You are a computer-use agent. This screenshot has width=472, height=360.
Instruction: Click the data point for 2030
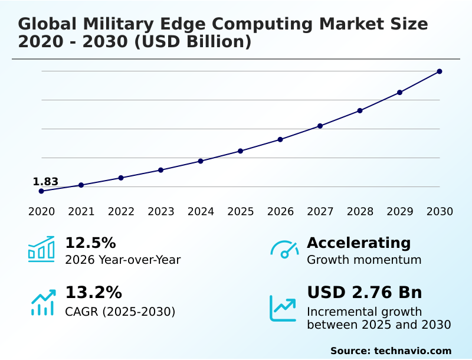click(x=440, y=71)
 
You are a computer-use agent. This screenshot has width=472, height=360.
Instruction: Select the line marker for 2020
click(x=41, y=191)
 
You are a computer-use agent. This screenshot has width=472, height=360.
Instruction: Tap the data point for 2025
click(x=241, y=151)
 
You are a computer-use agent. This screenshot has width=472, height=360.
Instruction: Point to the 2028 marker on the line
click(x=360, y=110)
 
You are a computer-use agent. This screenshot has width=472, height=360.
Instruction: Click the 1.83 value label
click(x=45, y=182)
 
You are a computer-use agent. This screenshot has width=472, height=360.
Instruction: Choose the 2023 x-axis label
click(x=161, y=212)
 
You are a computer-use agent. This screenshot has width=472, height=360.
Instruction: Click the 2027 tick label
click(x=320, y=212)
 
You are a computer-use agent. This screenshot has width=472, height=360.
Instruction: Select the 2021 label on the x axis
click(x=81, y=212)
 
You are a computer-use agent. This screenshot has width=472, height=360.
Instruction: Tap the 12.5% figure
click(x=90, y=243)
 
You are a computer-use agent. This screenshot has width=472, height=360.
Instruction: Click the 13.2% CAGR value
click(x=93, y=293)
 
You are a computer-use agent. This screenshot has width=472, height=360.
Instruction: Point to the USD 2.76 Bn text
click(x=365, y=293)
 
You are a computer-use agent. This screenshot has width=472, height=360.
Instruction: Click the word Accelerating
click(x=359, y=243)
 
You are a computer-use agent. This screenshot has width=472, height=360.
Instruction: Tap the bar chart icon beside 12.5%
click(x=41, y=249)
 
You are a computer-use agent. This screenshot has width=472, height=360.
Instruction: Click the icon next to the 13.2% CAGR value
click(x=42, y=302)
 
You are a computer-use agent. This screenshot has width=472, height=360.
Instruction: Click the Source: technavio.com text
click(x=391, y=351)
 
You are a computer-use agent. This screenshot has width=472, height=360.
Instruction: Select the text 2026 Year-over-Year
click(x=123, y=260)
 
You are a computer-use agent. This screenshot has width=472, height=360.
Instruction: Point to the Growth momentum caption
click(x=364, y=260)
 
